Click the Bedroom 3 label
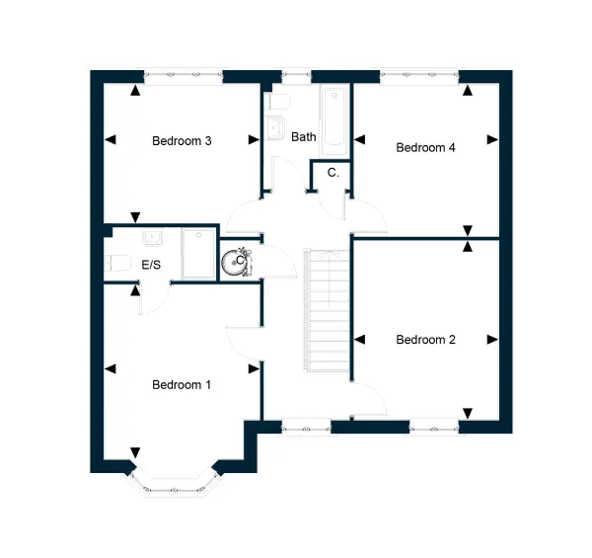[182, 141]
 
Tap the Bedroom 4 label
[425, 147]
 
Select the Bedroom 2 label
[425, 340]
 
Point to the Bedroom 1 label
[182, 384]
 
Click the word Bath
[304, 136]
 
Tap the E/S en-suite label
[151, 265]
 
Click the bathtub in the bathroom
[334, 121]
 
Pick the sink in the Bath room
[275, 127]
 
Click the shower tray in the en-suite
[198, 253]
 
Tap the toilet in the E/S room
[117, 263]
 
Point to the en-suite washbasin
[153, 236]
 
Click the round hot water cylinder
[232, 263]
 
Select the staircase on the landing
[327, 310]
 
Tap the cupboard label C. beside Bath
[333, 173]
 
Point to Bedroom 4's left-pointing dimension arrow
[359, 140]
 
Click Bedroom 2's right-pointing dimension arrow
[492, 340]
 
